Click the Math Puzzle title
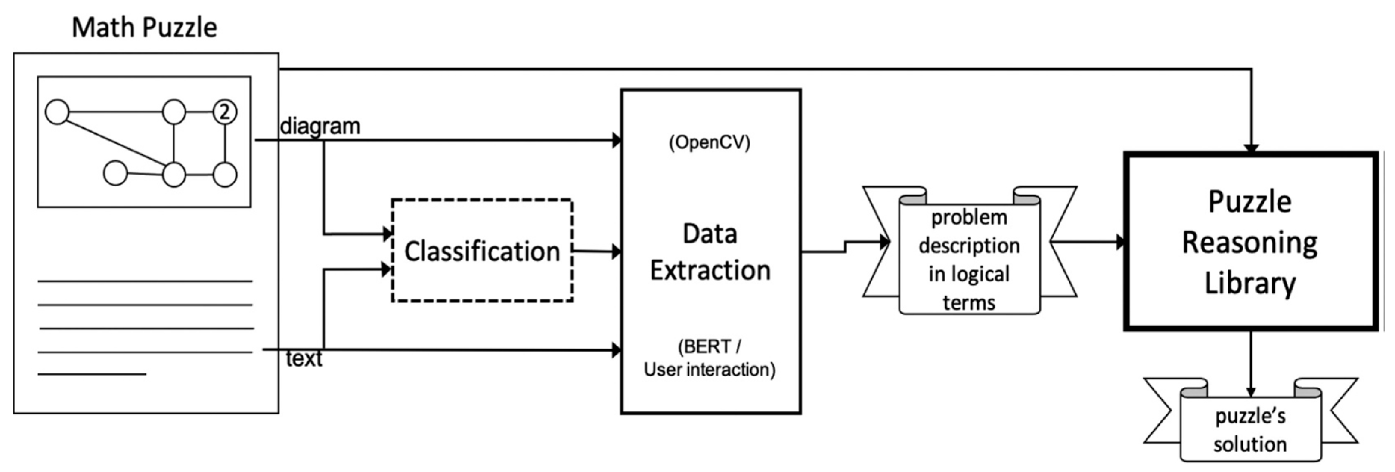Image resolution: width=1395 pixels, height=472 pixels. (144, 27)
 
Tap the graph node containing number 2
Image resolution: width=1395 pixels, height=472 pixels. (225, 112)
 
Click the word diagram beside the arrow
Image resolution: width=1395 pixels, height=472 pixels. (320, 126)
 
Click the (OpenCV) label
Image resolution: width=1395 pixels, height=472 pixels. (709, 142)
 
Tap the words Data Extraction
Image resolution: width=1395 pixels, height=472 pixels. (710, 252)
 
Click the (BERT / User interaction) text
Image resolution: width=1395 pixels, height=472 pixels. (709, 358)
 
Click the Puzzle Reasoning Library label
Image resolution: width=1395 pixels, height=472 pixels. (1249, 242)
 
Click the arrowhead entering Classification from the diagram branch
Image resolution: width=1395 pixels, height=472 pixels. (387, 234)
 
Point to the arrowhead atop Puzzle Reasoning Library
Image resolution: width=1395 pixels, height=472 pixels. (1251, 148)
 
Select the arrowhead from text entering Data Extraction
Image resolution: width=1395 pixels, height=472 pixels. (616, 350)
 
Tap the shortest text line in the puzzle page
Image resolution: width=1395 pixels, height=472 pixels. (92, 374)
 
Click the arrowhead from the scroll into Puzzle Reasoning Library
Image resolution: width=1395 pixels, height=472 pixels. (1121, 242)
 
